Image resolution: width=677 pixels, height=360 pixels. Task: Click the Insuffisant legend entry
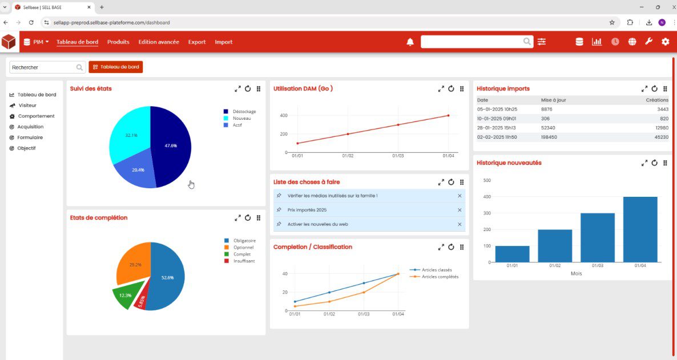click(244, 261)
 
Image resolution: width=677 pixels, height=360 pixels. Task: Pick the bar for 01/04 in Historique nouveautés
click(640, 229)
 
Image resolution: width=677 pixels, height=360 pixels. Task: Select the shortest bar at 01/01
click(512, 254)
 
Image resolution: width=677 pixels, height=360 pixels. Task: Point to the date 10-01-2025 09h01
click(497, 118)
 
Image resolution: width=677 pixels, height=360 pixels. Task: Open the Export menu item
click(197, 42)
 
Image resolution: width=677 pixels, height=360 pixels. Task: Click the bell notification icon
click(410, 42)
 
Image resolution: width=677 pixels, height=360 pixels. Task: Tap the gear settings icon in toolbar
click(665, 42)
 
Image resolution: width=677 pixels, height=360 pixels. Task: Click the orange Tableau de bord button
click(116, 67)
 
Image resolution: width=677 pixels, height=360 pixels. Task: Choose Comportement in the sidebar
click(36, 116)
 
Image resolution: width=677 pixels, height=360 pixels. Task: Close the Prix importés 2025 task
click(460, 210)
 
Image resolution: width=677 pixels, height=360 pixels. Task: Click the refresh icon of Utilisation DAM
click(451, 88)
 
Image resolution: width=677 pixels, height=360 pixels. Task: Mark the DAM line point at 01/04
click(448, 115)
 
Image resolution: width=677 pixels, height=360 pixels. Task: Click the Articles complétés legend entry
click(440, 277)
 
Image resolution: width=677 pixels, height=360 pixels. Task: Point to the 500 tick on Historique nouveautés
click(487, 180)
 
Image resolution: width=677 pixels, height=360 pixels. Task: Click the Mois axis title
click(576, 274)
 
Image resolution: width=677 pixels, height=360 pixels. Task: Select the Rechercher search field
click(43, 67)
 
